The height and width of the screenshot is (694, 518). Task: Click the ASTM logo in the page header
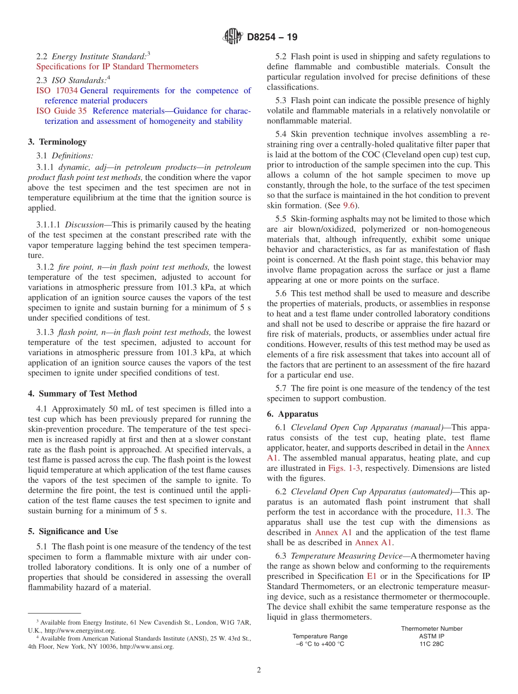tap(233, 37)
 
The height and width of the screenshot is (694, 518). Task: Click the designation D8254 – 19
tap(272, 38)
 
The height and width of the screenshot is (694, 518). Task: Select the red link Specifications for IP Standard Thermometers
tap(117, 67)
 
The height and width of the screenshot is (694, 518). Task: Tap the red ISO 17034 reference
tap(57, 91)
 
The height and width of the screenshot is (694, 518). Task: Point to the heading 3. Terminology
tap(57, 142)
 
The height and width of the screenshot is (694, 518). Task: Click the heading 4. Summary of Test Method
tap(82, 394)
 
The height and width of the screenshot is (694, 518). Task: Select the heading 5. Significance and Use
tap(73, 531)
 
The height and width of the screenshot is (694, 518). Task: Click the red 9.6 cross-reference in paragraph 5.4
tap(348, 206)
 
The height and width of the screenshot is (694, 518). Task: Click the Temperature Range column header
tap(320, 636)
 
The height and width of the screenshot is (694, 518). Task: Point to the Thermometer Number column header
tap(431, 629)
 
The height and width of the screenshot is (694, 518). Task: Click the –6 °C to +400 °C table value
tap(320, 644)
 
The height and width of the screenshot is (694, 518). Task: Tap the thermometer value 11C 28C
tap(431, 644)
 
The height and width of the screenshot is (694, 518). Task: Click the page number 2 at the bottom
tap(259, 671)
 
